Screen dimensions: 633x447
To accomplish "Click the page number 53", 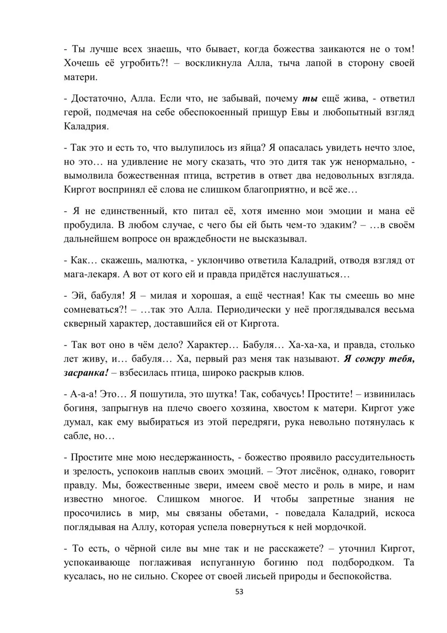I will point(239,592).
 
